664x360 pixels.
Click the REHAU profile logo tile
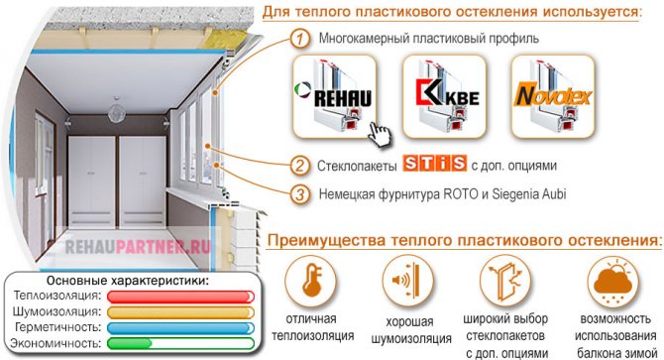[x=334, y=96]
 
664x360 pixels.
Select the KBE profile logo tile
[x=444, y=96]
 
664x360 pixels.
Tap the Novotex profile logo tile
[x=553, y=96]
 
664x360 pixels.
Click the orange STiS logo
[x=434, y=164]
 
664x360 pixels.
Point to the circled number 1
[x=300, y=39]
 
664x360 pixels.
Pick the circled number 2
[x=300, y=166]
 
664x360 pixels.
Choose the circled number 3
[x=300, y=194]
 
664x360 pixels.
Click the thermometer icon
[x=311, y=281]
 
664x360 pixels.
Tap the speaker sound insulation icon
[x=407, y=281]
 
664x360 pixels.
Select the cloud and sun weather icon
[x=613, y=282]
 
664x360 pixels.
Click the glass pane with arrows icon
[x=505, y=281]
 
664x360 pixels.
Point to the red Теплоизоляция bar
[x=180, y=297]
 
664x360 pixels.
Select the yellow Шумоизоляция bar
[x=180, y=312]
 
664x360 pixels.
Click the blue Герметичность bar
[x=180, y=328]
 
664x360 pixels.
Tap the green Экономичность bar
[x=180, y=343]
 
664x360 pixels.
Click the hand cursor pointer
[x=379, y=135]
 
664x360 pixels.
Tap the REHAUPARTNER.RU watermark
[x=138, y=247]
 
